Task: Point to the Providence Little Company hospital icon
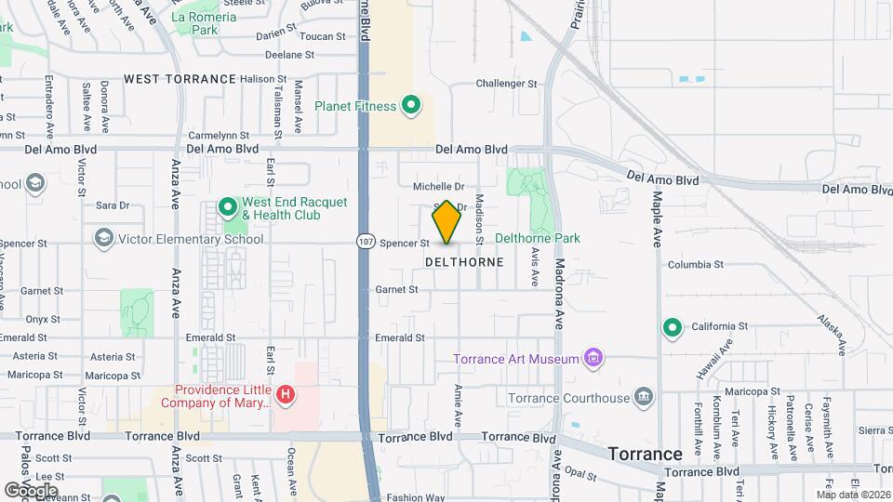click(x=287, y=396)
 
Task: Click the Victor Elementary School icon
click(x=103, y=239)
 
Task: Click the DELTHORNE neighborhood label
click(x=464, y=262)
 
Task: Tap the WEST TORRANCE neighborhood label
click(x=180, y=79)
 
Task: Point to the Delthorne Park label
click(x=538, y=239)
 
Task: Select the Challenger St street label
click(x=507, y=84)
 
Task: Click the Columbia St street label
click(x=696, y=265)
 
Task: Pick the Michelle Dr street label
click(x=438, y=187)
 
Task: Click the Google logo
click(x=30, y=490)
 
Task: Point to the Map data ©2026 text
click(x=852, y=495)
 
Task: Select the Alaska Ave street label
click(x=831, y=334)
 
